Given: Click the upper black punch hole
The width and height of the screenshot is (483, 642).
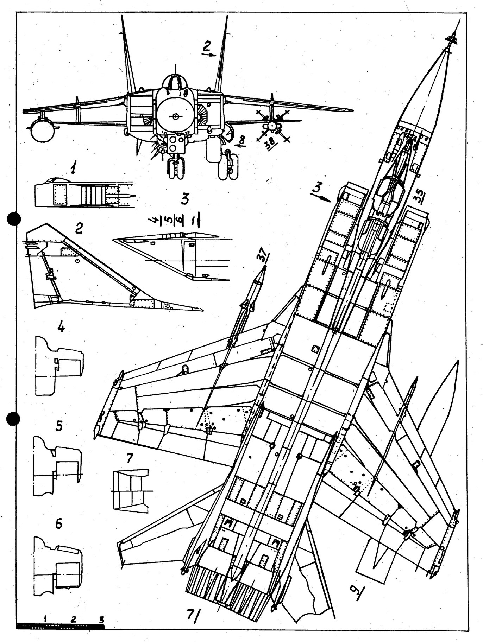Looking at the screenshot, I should click(x=14, y=219).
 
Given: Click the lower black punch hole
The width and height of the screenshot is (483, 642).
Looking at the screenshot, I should click(x=14, y=419).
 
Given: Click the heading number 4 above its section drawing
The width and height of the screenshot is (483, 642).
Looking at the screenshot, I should click(x=61, y=328).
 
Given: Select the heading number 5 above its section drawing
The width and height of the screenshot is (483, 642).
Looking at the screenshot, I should click(x=59, y=426).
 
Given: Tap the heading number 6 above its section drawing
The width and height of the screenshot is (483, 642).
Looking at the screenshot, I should click(x=59, y=523).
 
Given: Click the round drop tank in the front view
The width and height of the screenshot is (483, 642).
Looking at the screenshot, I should click(x=43, y=130).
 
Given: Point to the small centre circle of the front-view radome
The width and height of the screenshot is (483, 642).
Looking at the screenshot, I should click(x=175, y=116).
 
